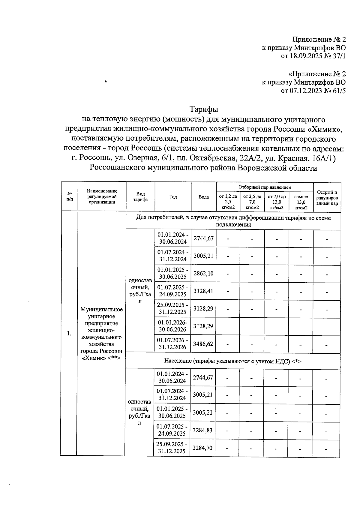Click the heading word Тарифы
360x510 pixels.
pos(204,109)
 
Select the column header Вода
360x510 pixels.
pos(204,197)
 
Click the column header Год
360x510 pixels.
pos(173,197)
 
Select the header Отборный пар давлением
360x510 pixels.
pos(265,187)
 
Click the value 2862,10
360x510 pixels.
pos(203,273)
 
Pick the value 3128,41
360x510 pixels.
pos(203,291)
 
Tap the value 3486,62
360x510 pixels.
pos(203,343)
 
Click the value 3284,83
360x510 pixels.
pos(202,430)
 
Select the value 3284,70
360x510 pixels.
pos(202,448)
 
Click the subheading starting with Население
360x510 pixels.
pos(232,361)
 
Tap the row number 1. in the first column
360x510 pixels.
pos(69,333)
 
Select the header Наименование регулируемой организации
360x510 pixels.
pos(102,196)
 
